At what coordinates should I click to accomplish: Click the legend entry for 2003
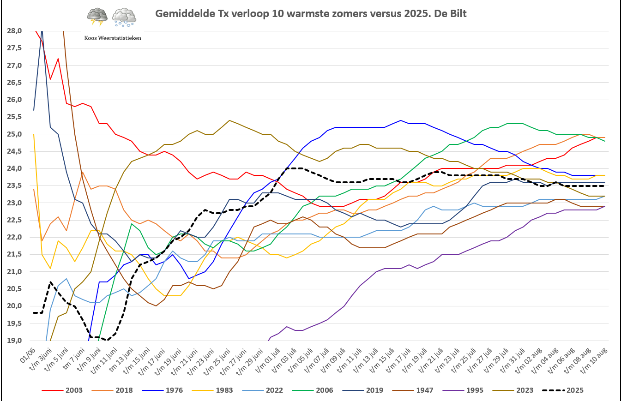[x=62, y=390]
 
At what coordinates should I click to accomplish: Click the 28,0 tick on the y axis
[x=13, y=31]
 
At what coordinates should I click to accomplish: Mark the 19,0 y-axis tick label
[x=13, y=341]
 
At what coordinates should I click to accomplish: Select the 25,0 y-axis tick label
[x=13, y=134]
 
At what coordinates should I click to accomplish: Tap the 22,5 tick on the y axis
[x=13, y=220]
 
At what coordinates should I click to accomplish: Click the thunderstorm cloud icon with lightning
[x=97, y=16]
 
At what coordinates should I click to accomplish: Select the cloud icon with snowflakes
[x=124, y=16]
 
